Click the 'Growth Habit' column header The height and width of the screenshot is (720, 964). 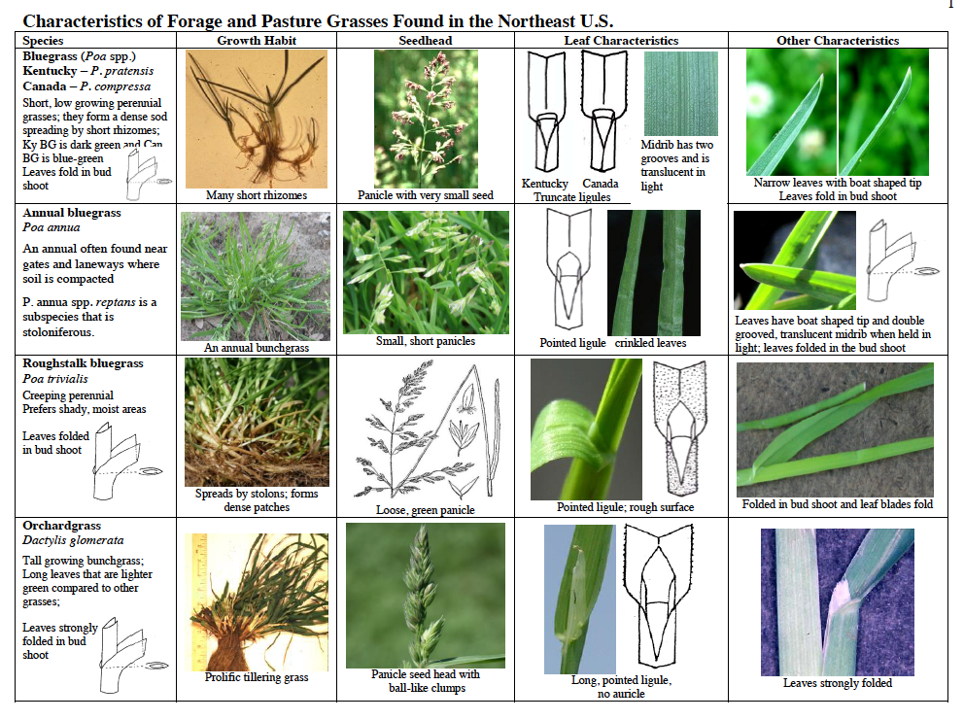point(257,41)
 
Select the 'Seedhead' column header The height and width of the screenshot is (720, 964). point(426,41)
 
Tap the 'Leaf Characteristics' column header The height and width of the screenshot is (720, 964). point(622,41)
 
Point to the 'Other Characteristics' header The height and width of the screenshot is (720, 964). point(838,41)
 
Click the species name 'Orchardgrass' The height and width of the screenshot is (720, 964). point(61,526)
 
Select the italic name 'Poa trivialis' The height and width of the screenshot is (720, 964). point(55,379)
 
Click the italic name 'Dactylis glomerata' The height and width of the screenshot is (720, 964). point(73,540)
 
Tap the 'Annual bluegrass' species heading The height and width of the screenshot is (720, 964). point(72,213)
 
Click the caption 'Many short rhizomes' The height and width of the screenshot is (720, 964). point(257,195)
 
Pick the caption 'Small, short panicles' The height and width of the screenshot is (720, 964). point(426,341)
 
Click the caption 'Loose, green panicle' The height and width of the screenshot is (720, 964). point(426,510)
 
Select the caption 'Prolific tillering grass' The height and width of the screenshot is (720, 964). point(257,677)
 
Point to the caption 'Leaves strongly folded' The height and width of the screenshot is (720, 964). point(838,683)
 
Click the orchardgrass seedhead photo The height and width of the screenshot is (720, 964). point(426,596)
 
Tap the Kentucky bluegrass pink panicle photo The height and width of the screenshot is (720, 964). point(426,119)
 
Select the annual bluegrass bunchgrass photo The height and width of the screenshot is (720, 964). point(256,276)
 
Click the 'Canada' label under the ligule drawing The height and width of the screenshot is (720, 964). point(600,184)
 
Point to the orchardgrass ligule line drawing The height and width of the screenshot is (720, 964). point(658,596)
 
